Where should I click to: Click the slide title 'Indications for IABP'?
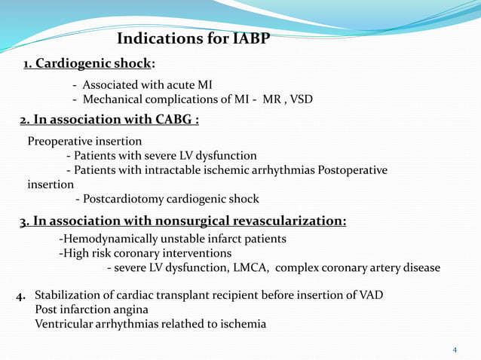pyautogui.click(x=195, y=38)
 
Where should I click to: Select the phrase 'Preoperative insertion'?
pyautogui.click(x=84, y=142)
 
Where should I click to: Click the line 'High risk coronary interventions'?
pyautogui.click(x=146, y=254)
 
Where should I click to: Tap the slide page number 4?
pyautogui.click(x=454, y=350)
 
